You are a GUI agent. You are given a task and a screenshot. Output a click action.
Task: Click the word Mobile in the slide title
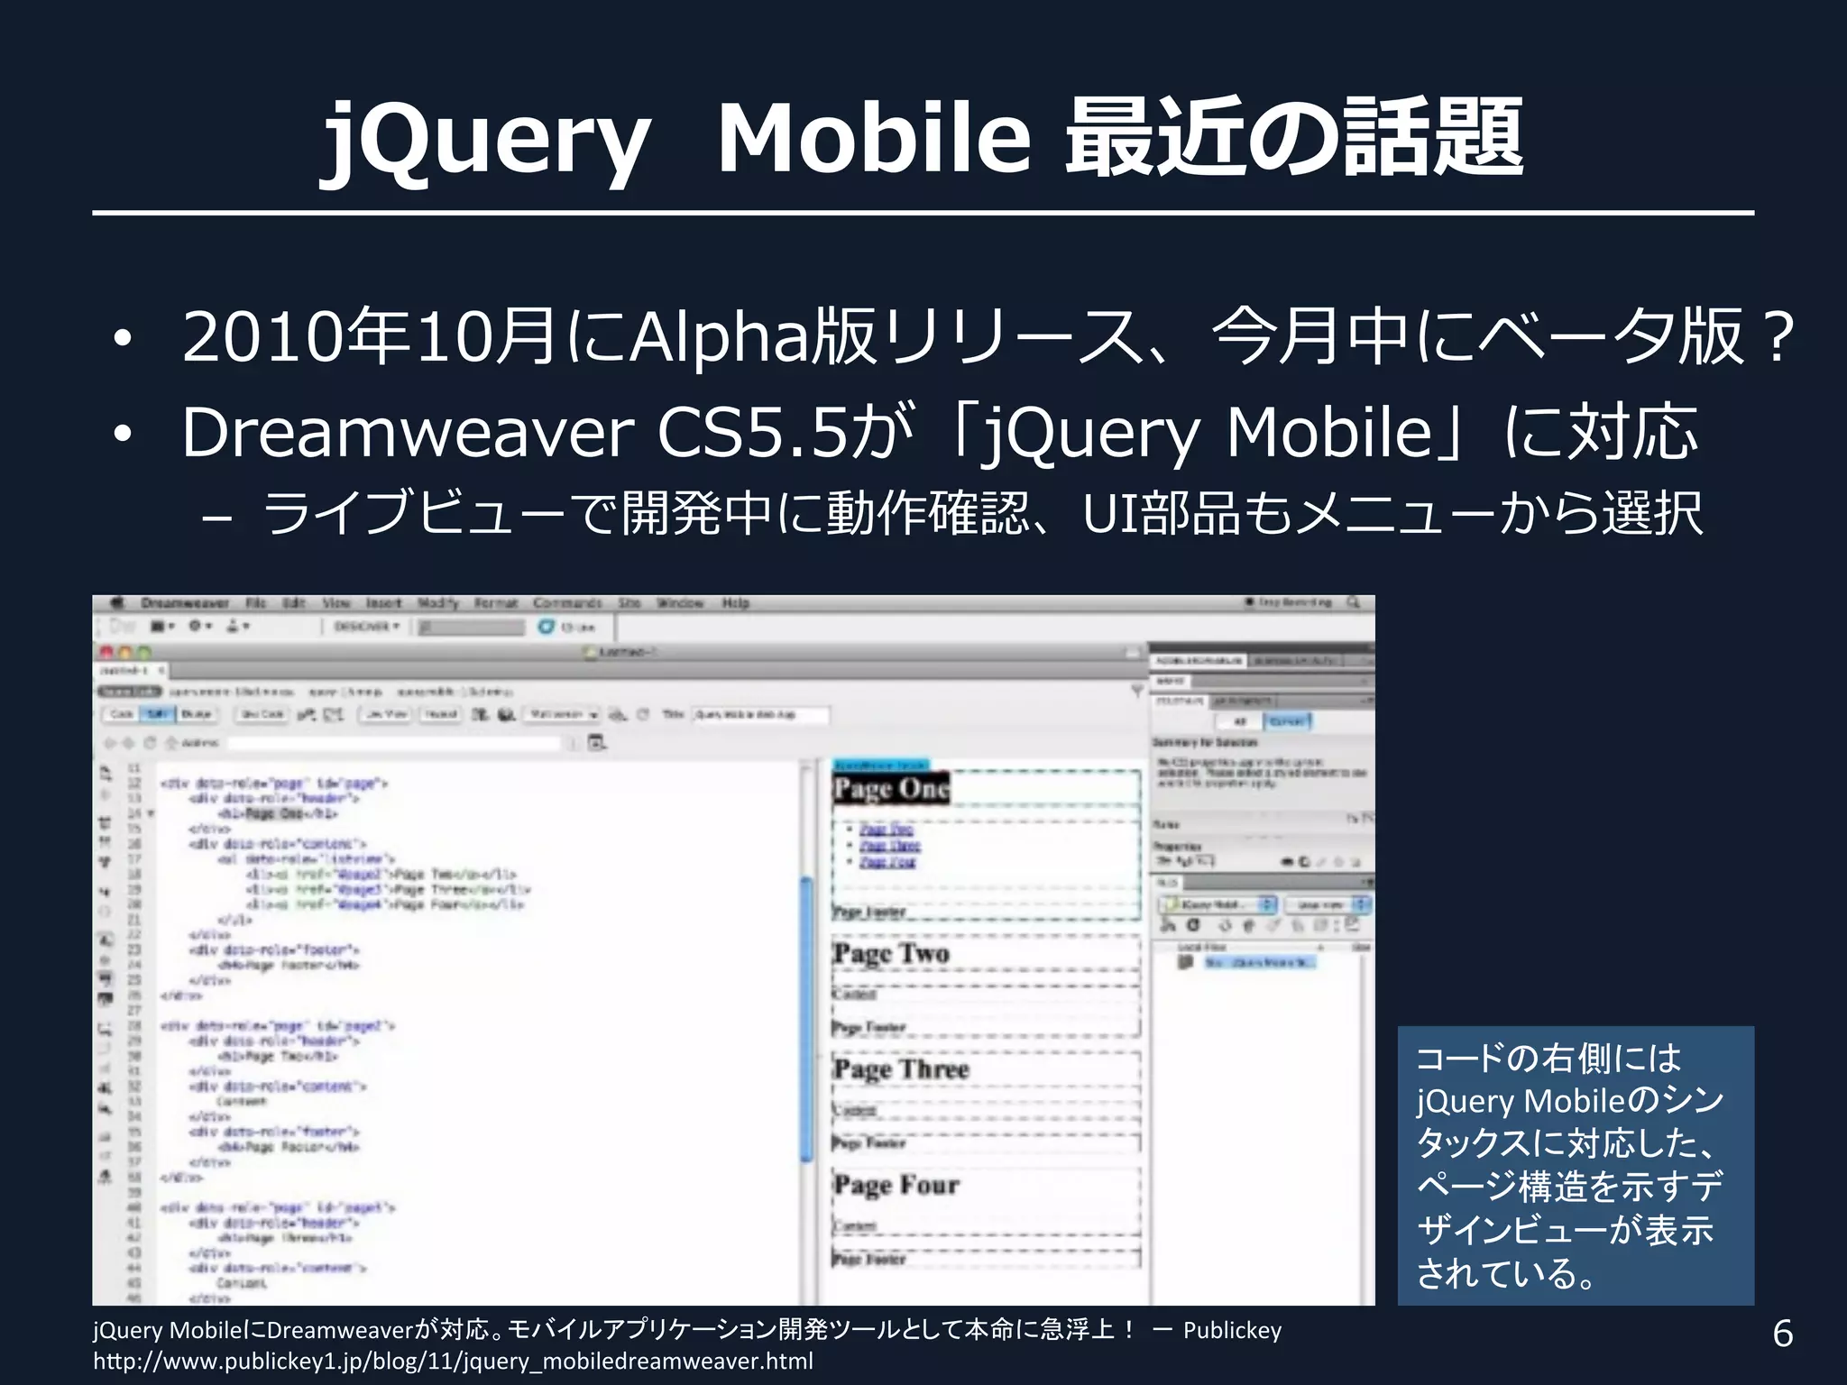(873, 139)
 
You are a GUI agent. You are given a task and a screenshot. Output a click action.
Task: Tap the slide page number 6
(1782, 1333)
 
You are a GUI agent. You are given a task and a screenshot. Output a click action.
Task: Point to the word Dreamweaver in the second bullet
(408, 433)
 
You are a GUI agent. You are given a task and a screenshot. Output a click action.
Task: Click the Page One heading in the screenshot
(890, 789)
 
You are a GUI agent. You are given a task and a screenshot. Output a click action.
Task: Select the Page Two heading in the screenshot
(891, 954)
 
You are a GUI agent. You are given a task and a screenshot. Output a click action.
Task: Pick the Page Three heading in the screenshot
(900, 1069)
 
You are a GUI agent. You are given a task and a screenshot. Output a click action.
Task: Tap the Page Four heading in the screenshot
(896, 1185)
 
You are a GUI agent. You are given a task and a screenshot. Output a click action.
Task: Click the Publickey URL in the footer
(453, 1361)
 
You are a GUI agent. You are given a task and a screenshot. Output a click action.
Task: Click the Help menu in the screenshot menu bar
(735, 603)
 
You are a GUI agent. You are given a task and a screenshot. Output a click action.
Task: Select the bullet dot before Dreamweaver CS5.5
(122, 435)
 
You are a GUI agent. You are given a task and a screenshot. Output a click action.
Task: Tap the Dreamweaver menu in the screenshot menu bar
(184, 603)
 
